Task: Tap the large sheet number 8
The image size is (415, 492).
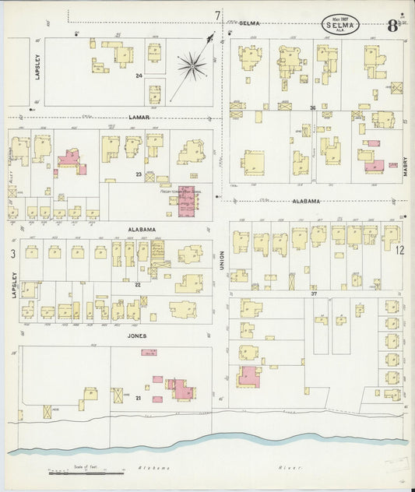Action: point(392,12)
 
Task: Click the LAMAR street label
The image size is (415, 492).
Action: point(139,118)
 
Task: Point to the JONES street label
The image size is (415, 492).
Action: point(136,336)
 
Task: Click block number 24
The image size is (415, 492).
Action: point(139,76)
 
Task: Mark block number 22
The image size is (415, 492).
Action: point(137,285)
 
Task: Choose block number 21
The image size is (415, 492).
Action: point(139,398)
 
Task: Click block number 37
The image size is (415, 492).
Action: point(314,293)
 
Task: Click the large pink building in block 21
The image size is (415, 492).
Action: point(179,388)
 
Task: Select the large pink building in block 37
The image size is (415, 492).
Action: point(250,378)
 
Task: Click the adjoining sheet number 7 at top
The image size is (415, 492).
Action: point(218,15)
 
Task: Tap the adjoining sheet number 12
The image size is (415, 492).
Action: point(399,251)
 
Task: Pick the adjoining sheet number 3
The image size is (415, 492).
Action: point(12,254)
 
